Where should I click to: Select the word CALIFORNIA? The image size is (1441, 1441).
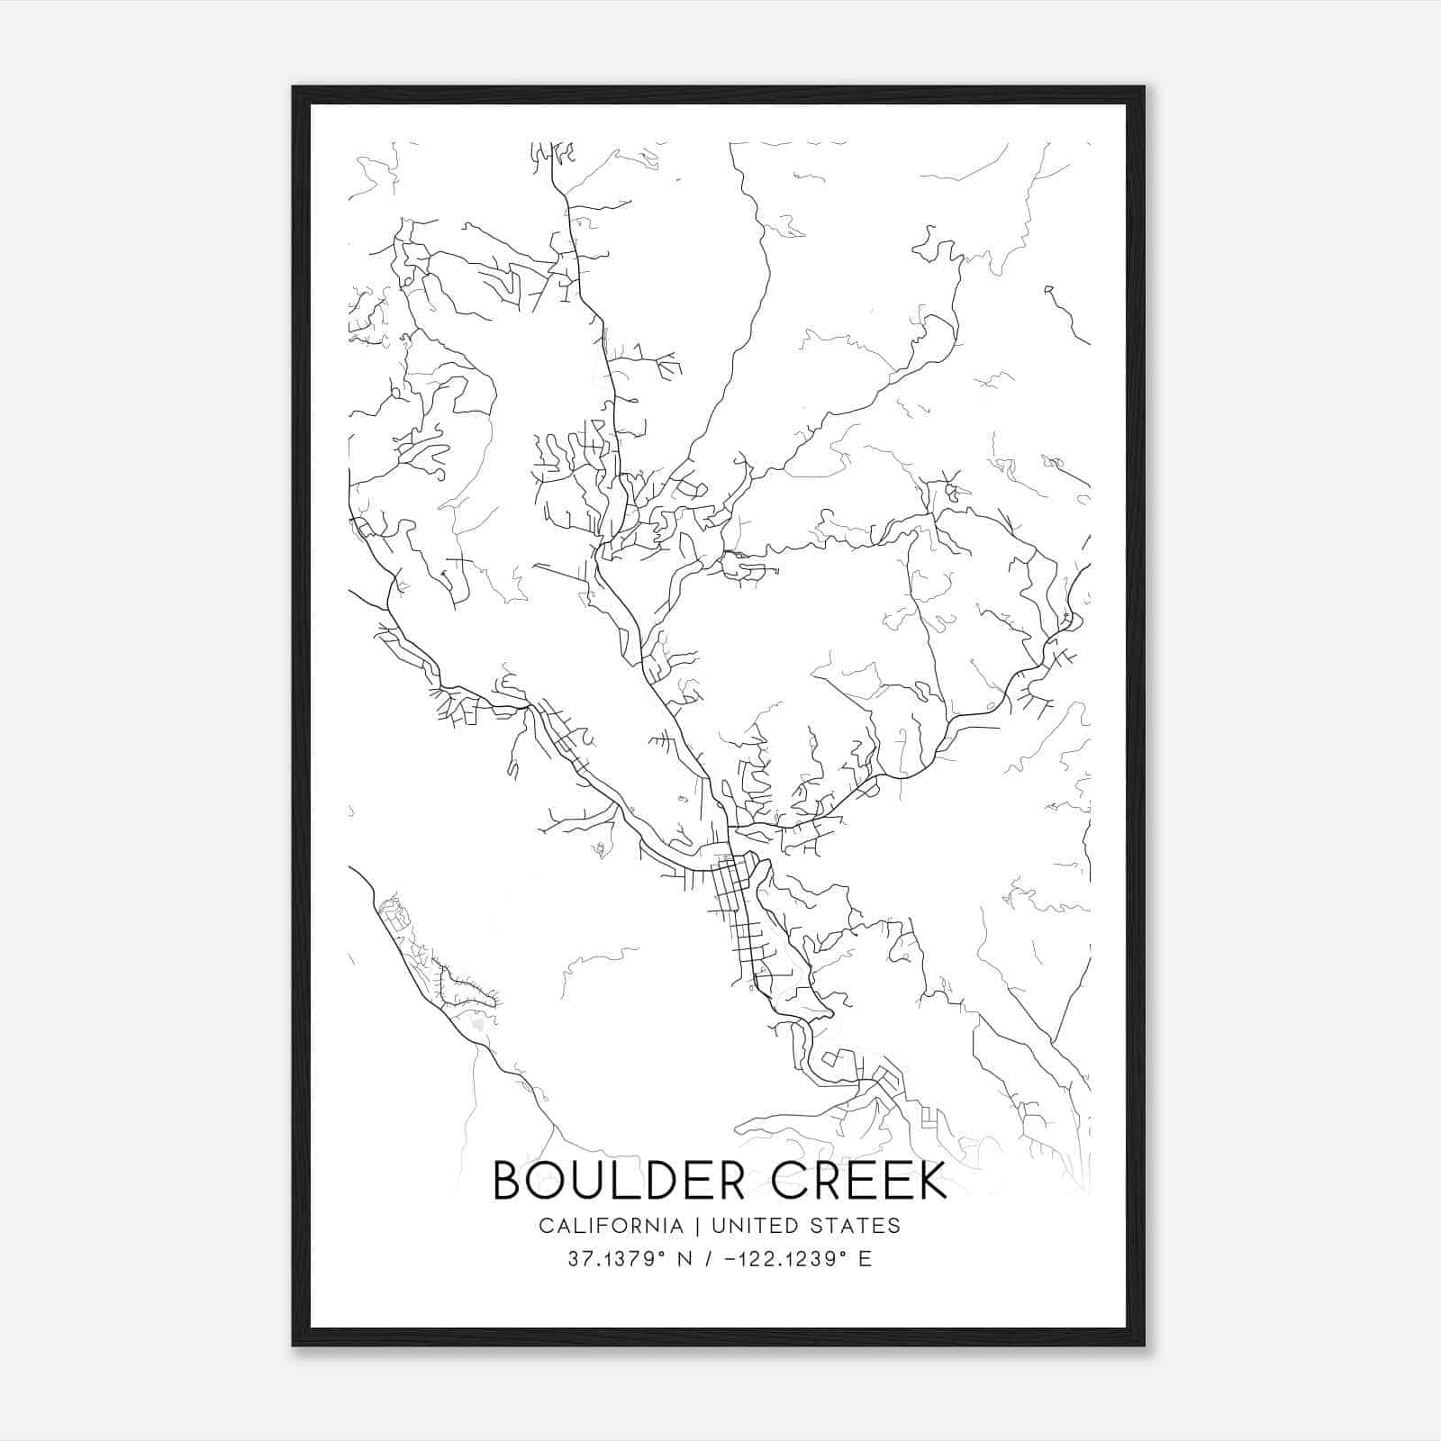pos(611,1226)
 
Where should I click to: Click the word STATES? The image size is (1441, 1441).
pos(861,1226)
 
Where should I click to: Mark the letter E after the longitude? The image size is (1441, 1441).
pos(865,1259)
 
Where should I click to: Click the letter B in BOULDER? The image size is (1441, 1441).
pos(508,1180)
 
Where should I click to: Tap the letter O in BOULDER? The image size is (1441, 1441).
pos(548,1180)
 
